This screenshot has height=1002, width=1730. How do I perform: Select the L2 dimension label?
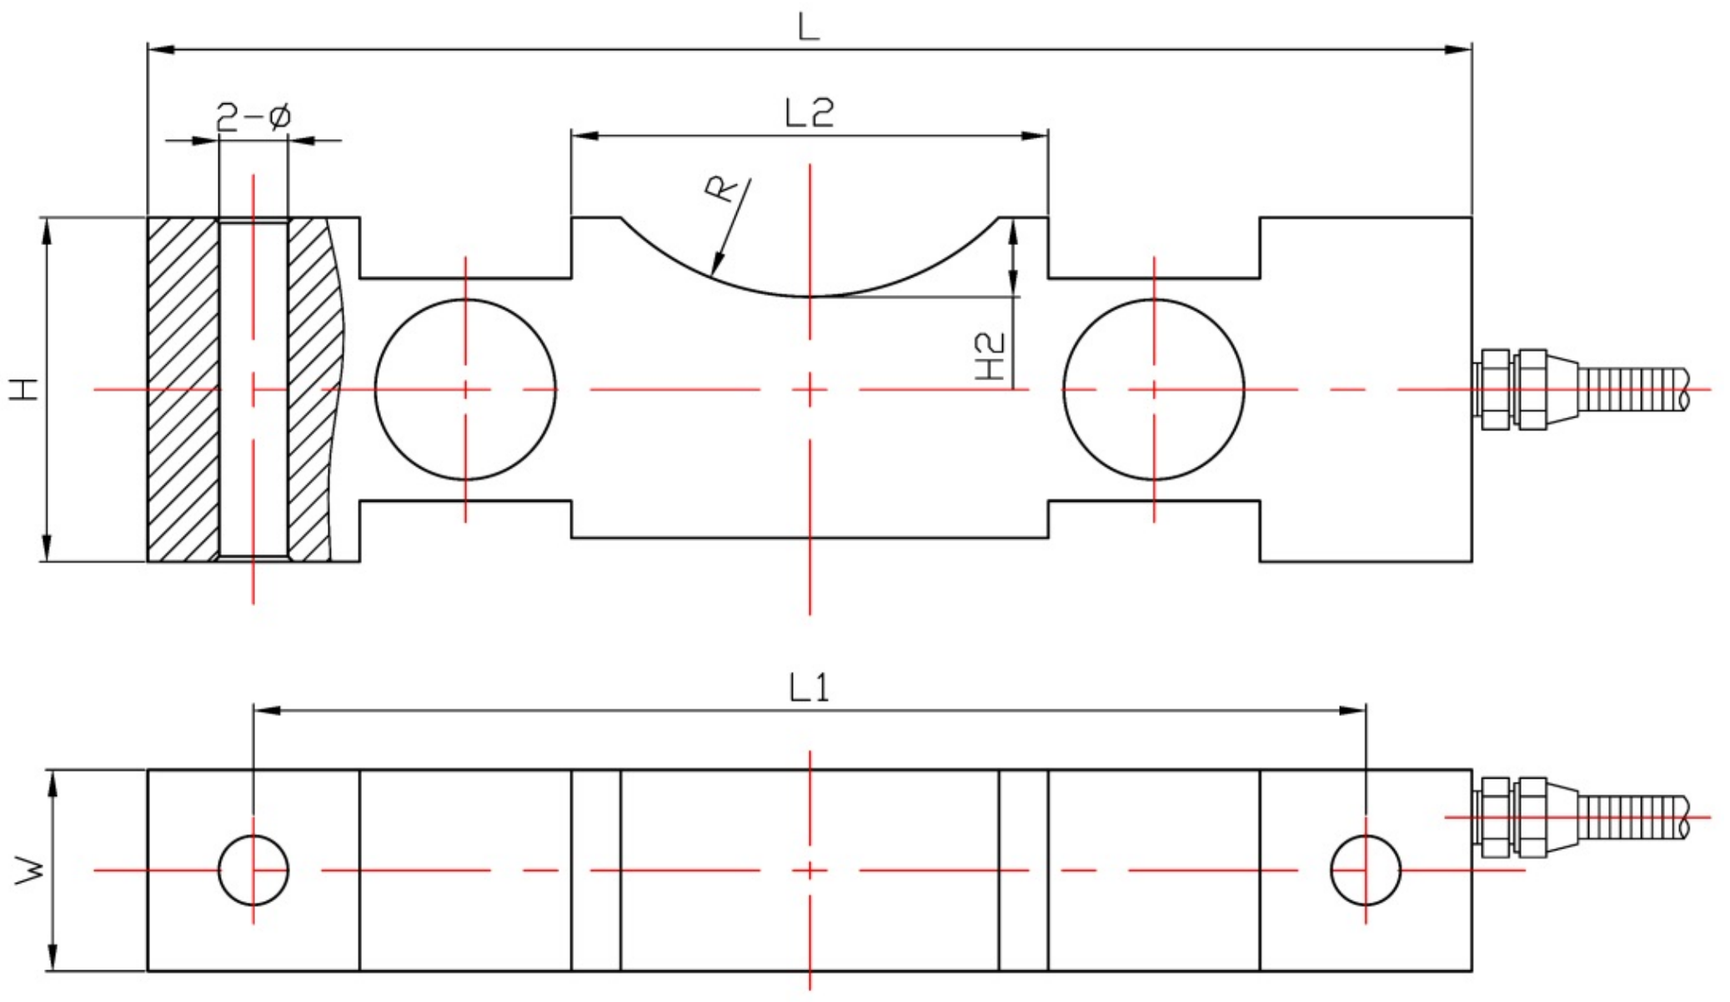click(x=809, y=113)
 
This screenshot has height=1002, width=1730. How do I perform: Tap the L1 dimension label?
click(x=809, y=689)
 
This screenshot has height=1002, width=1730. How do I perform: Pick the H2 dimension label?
click(x=990, y=357)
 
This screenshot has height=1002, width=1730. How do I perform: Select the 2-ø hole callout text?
click(x=253, y=118)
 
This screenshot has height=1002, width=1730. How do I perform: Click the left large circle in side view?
click(x=465, y=389)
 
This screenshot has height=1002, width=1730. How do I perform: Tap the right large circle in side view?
click(x=1154, y=389)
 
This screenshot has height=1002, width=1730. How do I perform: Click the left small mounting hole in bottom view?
click(x=253, y=869)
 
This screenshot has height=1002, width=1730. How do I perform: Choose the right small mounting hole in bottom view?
click(x=1366, y=869)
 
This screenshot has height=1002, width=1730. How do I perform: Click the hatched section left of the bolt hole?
click(x=183, y=389)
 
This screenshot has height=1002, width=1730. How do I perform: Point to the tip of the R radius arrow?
click(x=713, y=273)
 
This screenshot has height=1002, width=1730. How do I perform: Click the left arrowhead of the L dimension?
click(x=160, y=50)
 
